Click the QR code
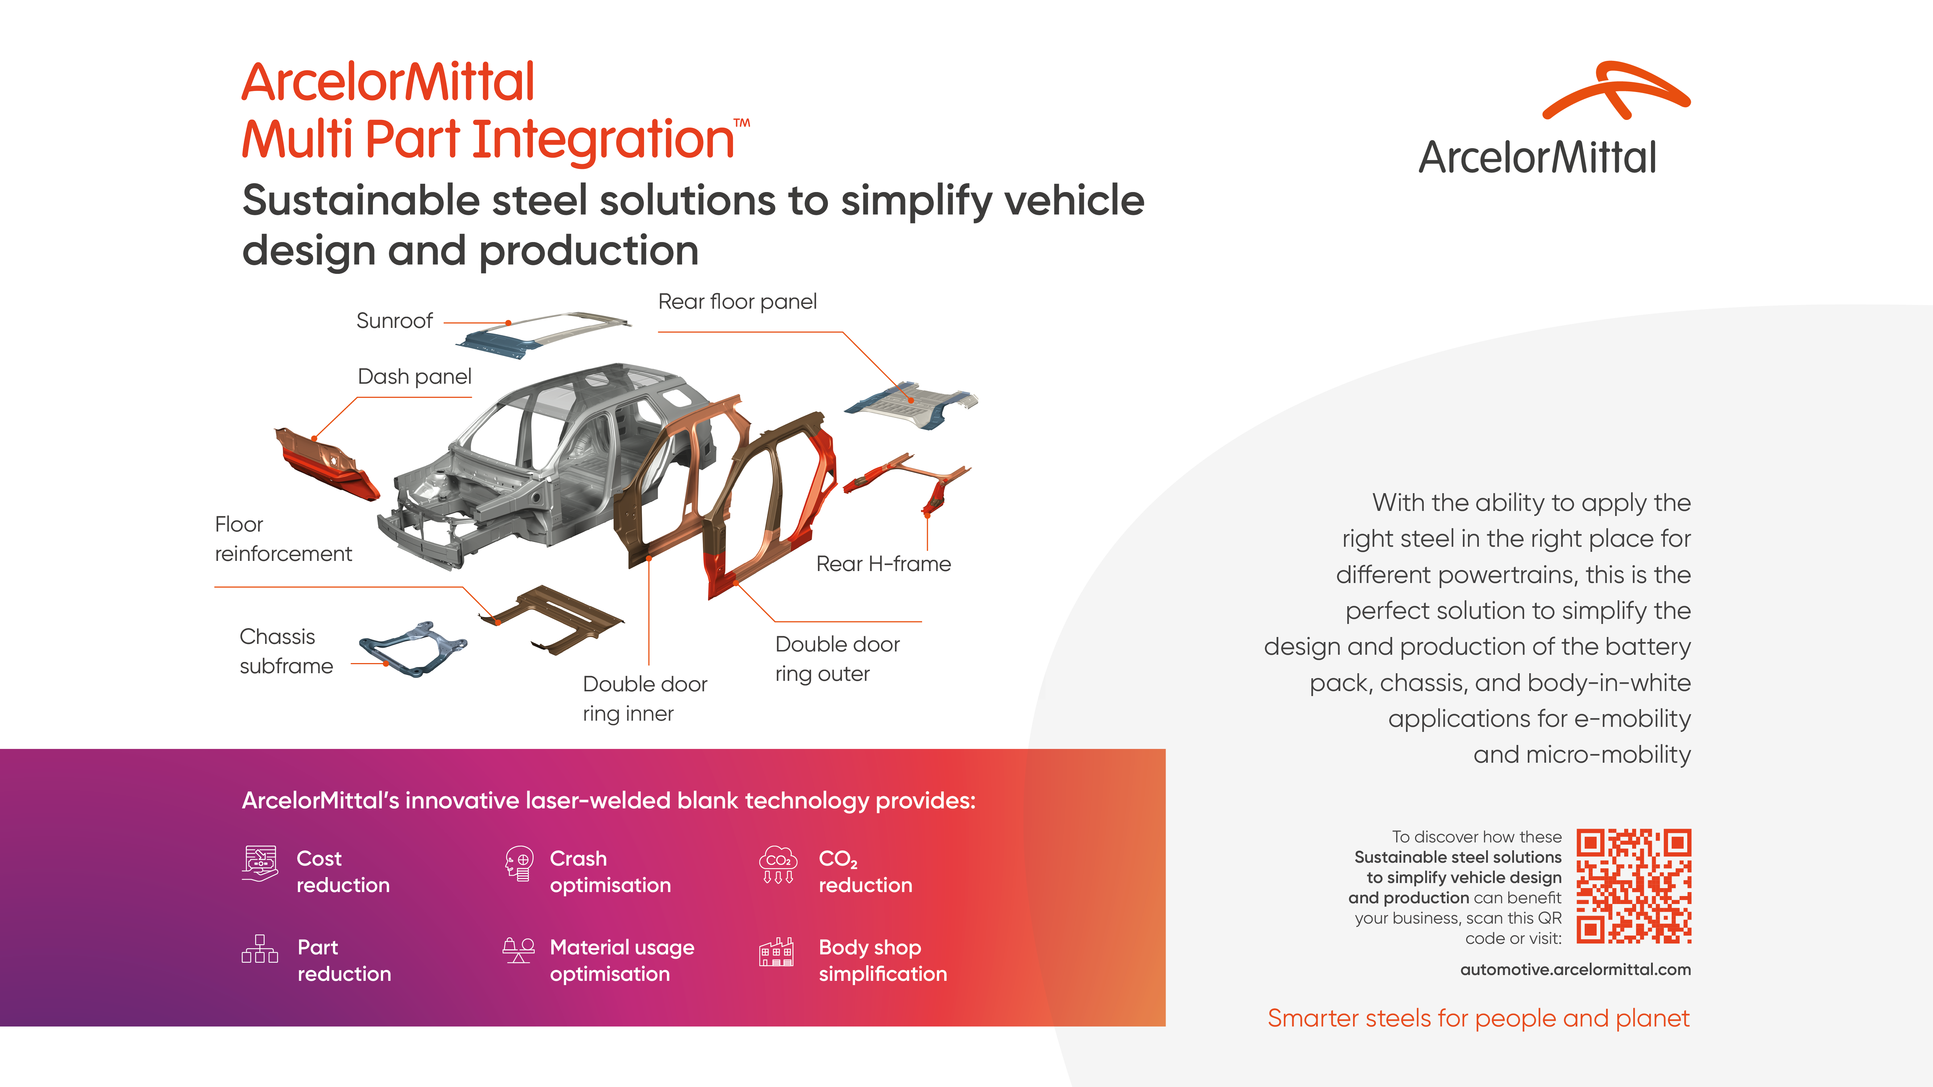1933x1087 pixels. pos(1634,886)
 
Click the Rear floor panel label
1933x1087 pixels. pos(737,301)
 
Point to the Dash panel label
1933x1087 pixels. pos(414,376)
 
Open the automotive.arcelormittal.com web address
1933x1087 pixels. pos(1575,969)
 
